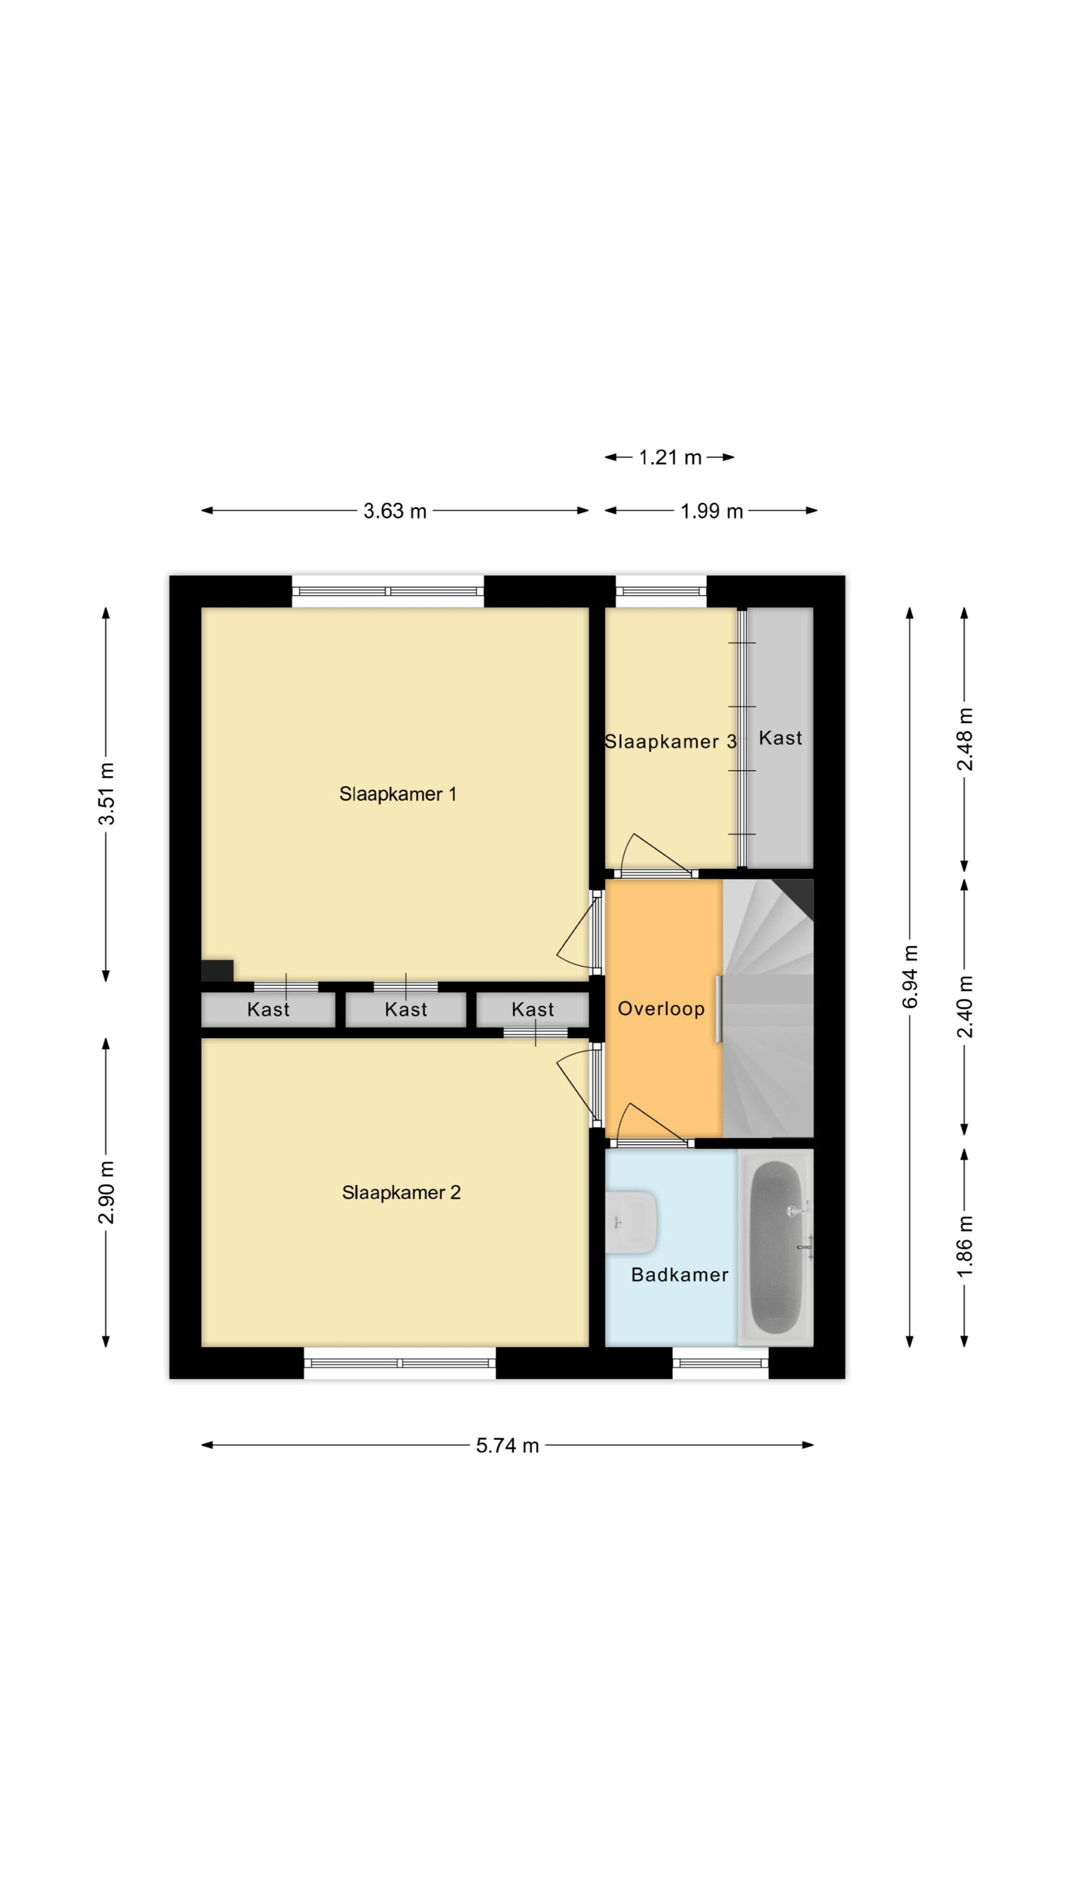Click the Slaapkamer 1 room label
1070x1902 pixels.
pos(398,794)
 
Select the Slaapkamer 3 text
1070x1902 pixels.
pos(670,741)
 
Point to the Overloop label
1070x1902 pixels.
pos(661,1009)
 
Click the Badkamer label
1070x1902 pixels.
pos(679,1275)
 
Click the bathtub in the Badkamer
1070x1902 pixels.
pos(775,1247)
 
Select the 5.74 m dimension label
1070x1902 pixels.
pos(507,1446)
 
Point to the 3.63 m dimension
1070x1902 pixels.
pos(395,511)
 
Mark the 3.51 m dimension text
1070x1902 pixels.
pos(107,794)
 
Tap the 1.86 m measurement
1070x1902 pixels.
pos(965,1246)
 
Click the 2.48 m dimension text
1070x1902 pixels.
pos(965,739)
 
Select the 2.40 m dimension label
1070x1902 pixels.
pos(965,1007)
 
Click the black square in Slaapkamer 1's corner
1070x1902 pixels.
pos(217,970)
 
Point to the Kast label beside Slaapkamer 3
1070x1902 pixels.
pos(781,738)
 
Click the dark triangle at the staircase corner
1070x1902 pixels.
pos(799,893)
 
